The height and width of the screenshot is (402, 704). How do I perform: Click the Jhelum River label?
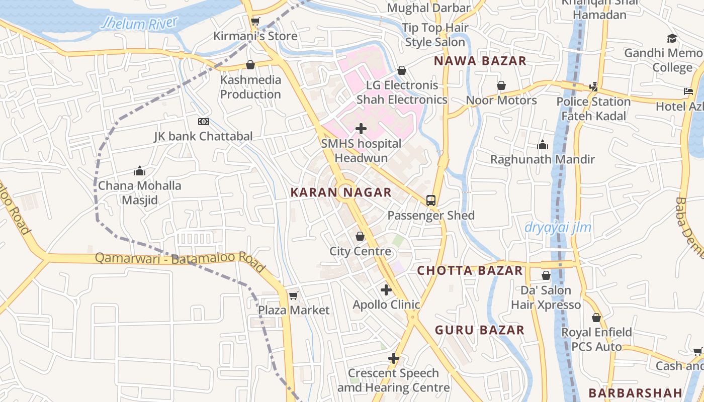(x=139, y=23)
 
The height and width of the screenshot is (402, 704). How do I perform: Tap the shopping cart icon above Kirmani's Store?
(x=255, y=21)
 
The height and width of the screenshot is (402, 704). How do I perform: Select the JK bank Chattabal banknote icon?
(x=203, y=122)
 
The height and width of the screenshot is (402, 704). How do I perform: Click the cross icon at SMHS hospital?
(x=361, y=129)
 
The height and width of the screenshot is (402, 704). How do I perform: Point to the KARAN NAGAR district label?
(x=341, y=192)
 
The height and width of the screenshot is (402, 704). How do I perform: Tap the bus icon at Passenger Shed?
(x=431, y=200)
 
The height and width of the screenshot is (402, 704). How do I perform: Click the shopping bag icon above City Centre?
(x=360, y=236)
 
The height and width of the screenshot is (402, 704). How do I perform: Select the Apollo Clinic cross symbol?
(x=386, y=290)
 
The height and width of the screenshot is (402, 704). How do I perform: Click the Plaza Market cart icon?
(x=294, y=295)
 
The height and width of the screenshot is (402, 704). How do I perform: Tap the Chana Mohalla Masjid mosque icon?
(x=139, y=171)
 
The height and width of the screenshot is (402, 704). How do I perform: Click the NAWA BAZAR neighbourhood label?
(x=480, y=61)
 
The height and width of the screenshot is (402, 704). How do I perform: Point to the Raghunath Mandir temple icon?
(x=543, y=145)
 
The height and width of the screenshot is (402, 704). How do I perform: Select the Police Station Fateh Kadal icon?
(x=593, y=86)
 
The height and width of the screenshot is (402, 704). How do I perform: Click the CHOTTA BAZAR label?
(x=470, y=270)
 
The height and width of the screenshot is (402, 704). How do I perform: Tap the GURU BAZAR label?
(x=480, y=330)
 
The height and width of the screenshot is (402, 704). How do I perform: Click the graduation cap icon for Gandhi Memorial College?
(x=672, y=38)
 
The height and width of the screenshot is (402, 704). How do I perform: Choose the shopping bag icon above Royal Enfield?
(x=596, y=318)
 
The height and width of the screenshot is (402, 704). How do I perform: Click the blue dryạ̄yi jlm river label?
(x=558, y=228)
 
